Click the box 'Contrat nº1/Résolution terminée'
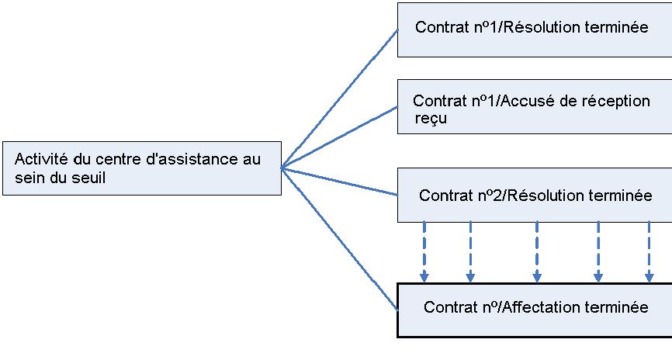point(534,29)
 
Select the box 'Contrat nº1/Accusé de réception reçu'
point(534,107)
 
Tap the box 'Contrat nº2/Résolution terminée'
point(534,196)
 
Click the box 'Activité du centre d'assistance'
point(141,168)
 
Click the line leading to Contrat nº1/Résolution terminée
point(340,99)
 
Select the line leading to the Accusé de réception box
point(340,137)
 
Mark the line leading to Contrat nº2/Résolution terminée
point(340,181)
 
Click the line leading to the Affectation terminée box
point(340,237)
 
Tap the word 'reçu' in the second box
point(431,119)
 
